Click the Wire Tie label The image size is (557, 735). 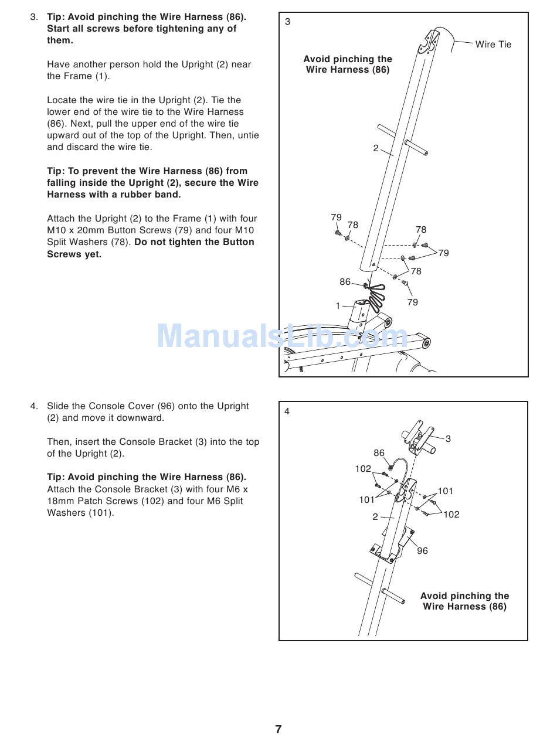(493, 45)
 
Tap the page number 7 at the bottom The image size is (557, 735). (278, 729)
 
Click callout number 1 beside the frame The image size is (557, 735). (338, 306)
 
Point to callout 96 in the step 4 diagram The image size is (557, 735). (422, 551)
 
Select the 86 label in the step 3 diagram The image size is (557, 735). (345, 282)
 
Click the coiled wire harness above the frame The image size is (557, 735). (376, 293)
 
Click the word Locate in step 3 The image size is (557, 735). (62, 100)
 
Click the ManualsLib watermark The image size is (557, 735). (282, 336)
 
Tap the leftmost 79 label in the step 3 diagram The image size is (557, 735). (336, 217)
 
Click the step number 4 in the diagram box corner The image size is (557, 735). (287, 411)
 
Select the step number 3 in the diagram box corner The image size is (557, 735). (287, 22)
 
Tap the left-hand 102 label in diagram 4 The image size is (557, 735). (363, 469)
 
